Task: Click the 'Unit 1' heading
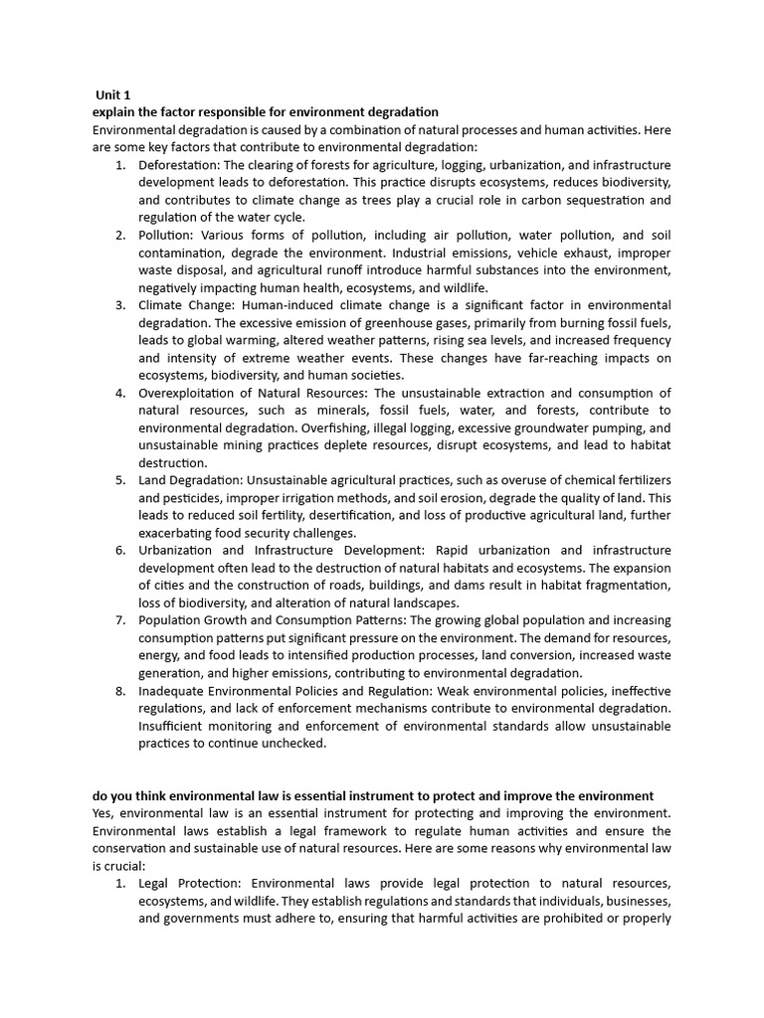click(113, 94)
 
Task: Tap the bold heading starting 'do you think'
click(373, 795)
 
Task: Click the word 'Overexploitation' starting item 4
click(186, 393)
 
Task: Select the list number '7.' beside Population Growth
click(119, 620)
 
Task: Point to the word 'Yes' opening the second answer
click(102, 813)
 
